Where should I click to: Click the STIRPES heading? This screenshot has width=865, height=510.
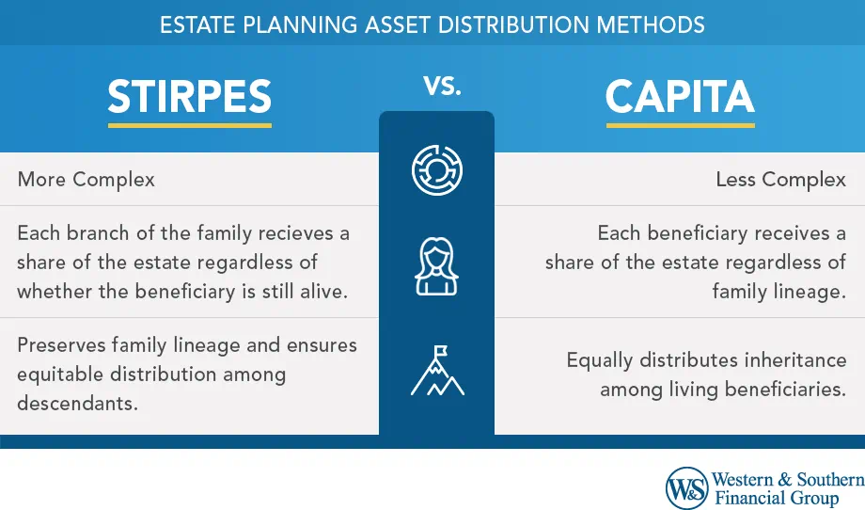(x=189, y=96)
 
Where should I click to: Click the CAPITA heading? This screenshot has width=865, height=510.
(x=680, y=96)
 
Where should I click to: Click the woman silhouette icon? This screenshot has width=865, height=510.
(x=436, y=267)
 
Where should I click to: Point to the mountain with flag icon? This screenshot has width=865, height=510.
(x=437, y=374)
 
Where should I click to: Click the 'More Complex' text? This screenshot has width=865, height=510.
(x=86, y=179)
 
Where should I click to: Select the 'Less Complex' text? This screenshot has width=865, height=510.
(x=780, y=179)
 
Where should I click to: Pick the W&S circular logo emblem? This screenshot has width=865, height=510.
(x=687, y=488)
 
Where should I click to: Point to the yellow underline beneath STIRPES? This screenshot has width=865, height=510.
(x=189, y=123)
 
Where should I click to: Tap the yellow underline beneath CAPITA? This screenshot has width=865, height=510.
(x=680, y=123)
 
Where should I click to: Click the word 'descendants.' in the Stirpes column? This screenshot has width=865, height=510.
(x=76, y=404)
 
